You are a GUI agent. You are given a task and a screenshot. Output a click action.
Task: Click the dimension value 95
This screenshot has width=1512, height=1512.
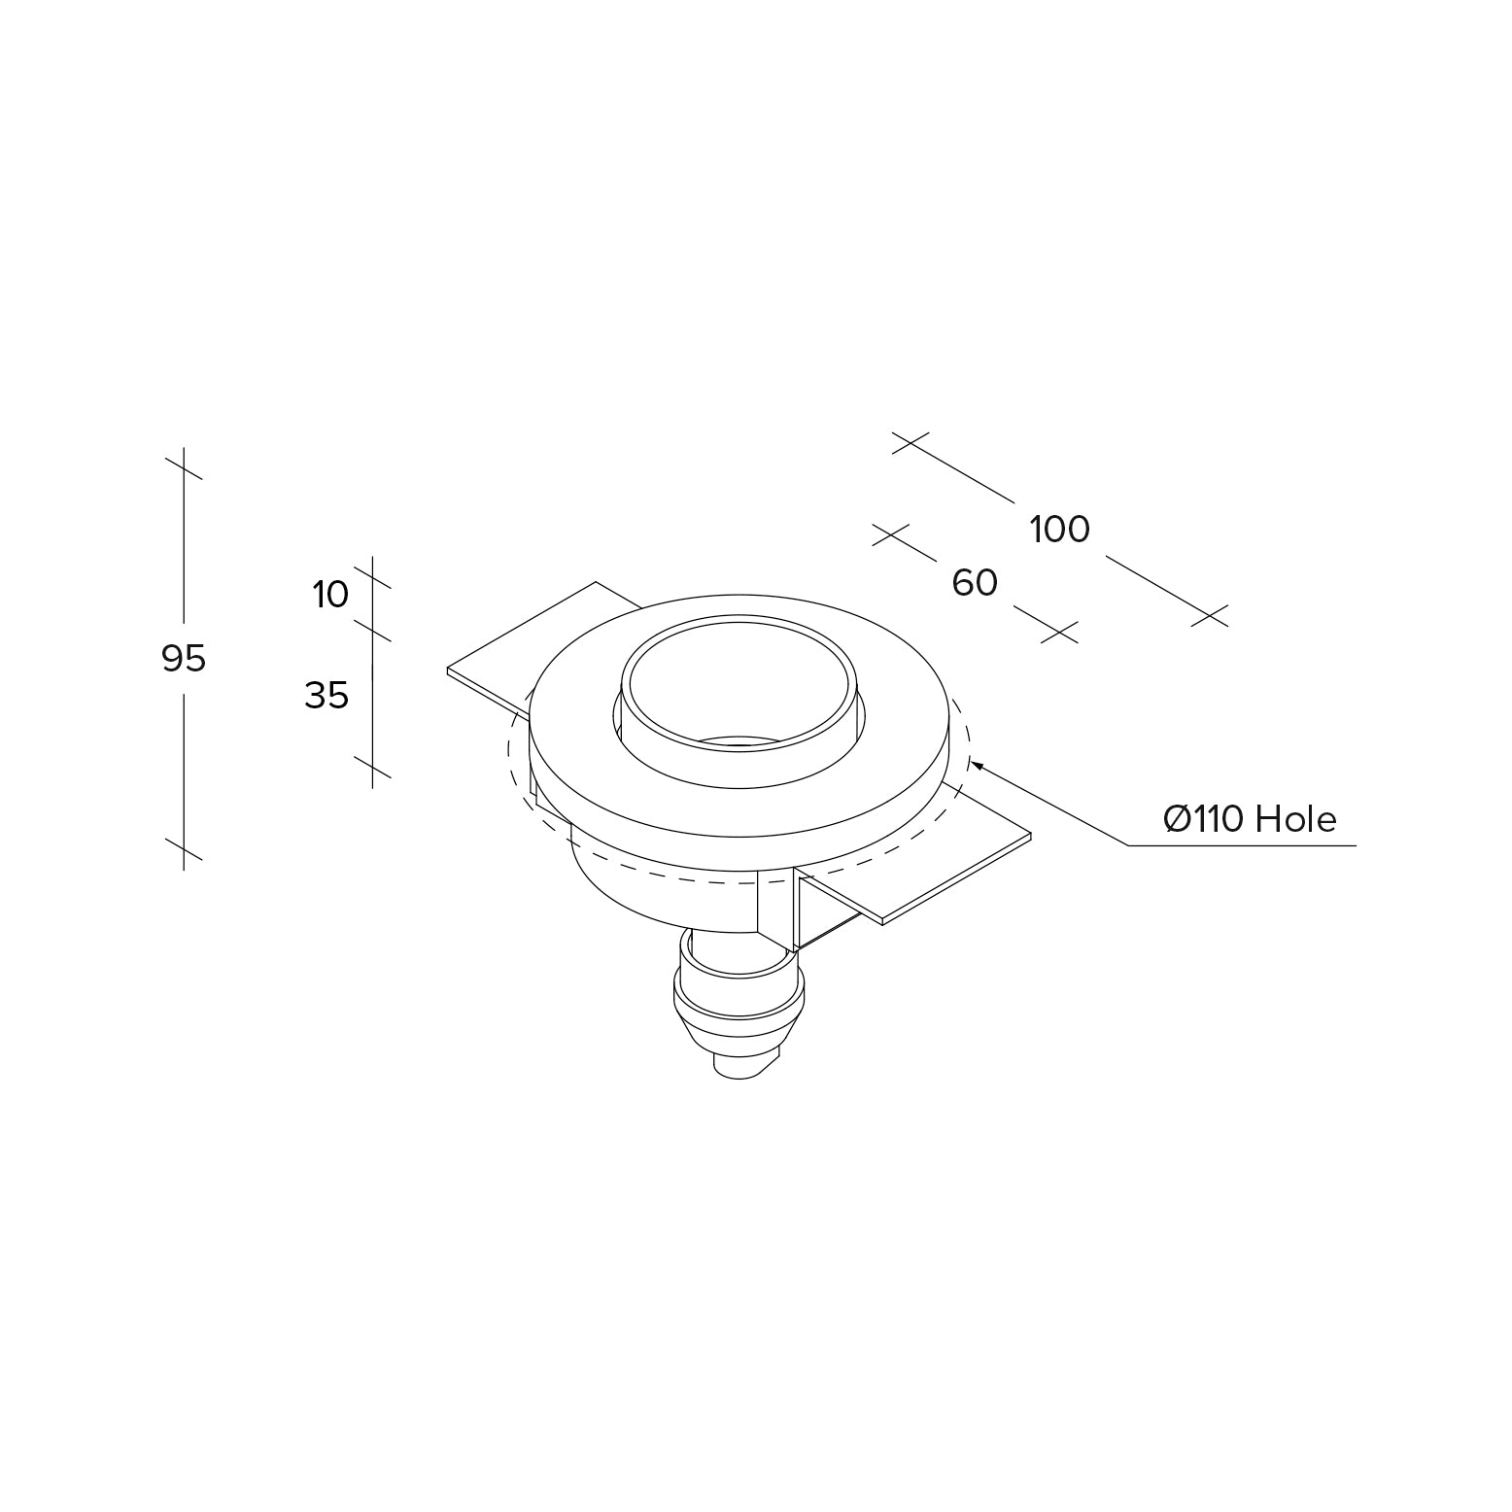coord(184,659)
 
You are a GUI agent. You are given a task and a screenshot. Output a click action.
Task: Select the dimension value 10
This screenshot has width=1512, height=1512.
coord(330,594)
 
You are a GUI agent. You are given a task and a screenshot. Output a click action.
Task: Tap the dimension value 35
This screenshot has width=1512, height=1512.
coord(326,696)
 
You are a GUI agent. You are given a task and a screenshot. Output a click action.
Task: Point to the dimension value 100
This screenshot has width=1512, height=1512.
coord(1059,530)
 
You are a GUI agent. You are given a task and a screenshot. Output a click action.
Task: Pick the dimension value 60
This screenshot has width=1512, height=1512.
coord(975,583)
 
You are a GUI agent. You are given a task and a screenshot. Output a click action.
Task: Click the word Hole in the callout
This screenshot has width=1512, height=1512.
coord(1296,820)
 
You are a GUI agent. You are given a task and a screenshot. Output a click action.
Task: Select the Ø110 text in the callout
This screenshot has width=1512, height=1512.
coord(1204,820)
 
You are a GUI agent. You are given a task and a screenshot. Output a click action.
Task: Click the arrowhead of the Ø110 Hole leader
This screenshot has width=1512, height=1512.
coord(977,765)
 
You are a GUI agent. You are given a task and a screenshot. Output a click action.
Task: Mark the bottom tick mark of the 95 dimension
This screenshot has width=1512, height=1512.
coord(184,848)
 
